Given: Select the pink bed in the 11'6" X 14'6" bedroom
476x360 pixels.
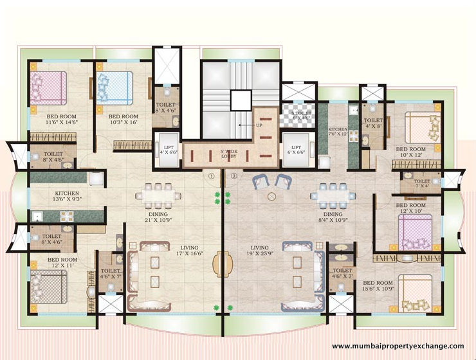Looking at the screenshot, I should (x=49, y=86).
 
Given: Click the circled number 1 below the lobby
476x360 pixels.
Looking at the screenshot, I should (x=210, y=175).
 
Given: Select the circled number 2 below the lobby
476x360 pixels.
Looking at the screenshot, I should (x=234, y=175).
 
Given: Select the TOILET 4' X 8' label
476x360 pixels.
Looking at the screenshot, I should (x=373, y=123).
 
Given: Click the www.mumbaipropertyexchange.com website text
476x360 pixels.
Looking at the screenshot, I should (x=398, y=346).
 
